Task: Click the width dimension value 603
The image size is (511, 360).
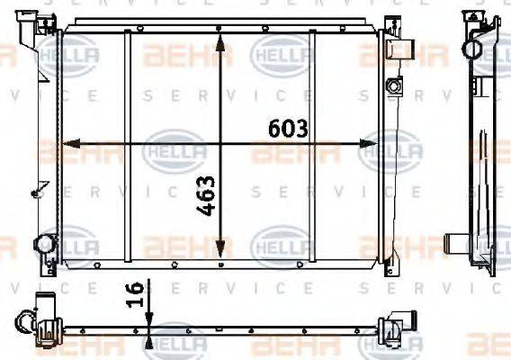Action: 289,128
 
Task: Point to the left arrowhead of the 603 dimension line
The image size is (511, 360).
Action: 73,143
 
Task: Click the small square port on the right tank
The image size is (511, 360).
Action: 391,85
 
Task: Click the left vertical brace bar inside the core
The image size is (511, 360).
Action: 129,144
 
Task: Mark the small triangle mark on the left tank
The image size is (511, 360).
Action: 38,188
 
